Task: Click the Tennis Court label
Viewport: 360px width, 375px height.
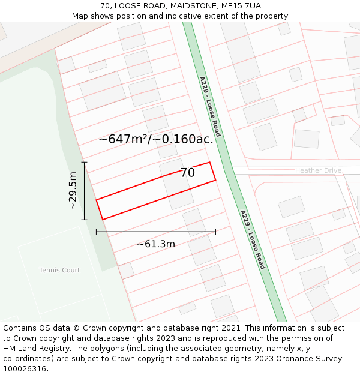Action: coord(59,270)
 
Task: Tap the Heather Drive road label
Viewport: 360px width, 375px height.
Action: coord(318,171)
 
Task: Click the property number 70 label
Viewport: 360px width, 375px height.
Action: coord(187,173)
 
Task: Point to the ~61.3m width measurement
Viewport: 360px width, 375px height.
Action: coord(156,244)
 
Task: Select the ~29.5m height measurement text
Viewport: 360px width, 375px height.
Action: coord(73,191)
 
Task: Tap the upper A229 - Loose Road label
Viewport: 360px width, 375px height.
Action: coord(210,106)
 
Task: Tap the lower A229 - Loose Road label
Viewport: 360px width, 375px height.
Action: coord(252,239)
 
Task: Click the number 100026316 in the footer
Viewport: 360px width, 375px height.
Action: coord(25,368)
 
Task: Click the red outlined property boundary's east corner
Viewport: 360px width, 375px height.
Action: coord(215,179)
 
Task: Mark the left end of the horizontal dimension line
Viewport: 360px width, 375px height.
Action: coord(97,232)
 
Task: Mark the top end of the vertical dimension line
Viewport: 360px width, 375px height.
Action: coord(84,162)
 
